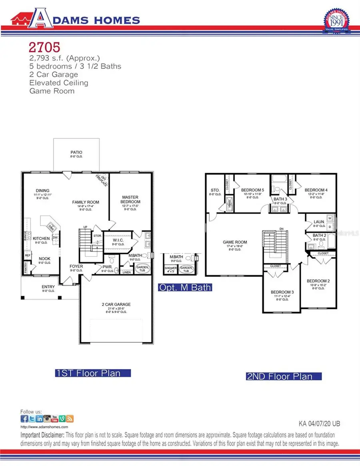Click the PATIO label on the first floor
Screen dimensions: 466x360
[76, 152]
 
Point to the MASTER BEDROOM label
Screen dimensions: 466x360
[131, 200]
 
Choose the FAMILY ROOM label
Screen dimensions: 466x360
[86, 202]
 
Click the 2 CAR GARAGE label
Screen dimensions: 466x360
[116, 304]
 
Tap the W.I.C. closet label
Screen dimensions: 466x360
[118, 240]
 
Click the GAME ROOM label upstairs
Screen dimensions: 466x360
[235, 242]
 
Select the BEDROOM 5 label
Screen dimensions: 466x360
[252, 190]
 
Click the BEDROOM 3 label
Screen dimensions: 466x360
[282, 292]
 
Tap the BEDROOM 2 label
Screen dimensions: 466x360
[318, 281]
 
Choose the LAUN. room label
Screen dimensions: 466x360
[319, 221]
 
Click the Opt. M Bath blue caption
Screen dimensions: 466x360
[184, 287]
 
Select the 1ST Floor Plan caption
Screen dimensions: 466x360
[93, 373]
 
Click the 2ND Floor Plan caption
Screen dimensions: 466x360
[284, 376]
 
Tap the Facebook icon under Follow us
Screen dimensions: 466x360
[24, 419]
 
